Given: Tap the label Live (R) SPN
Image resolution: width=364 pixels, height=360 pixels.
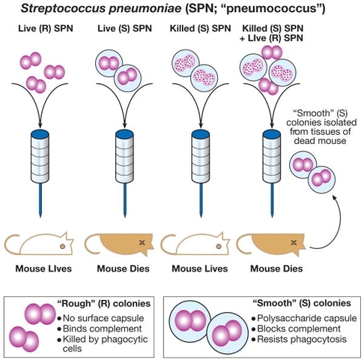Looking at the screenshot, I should click(x=40, y=30).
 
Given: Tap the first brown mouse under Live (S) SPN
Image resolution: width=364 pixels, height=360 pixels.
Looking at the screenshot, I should click(x=120, y=246).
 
